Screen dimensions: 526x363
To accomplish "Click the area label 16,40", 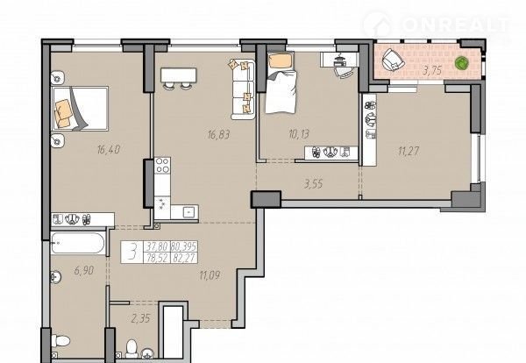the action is click(x=109, y=150).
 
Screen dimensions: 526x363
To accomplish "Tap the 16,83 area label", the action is click(x=218, y=134).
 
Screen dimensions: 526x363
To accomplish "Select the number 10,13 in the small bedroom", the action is click(x=299, y=134).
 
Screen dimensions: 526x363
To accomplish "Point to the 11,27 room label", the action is click(x=409, y=151).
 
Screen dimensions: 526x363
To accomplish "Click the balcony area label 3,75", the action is click(x=432, y=70).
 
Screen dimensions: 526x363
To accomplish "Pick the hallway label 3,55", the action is click(x=313, y=183).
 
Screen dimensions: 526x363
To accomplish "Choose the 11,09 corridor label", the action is click(x=210, y=276).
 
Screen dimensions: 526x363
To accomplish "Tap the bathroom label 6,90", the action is click(x=84, y=270).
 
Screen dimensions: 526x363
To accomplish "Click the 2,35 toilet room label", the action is click(x=140, y=318).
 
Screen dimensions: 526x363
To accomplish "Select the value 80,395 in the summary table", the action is click(x=183, y=246).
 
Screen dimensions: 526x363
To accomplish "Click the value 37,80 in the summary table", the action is click(x=157, y=246).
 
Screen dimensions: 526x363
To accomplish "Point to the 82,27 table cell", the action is click(x=183, y=258).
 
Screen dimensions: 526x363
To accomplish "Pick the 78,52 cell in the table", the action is click(x=157, y=258).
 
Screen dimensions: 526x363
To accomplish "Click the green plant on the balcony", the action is click(x=462, y=63).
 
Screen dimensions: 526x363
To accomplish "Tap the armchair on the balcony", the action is click(x=393, y=60).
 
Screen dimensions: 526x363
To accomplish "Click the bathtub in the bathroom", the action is click(x=77, y=243).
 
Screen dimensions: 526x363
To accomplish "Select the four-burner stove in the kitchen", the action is click(x=162, y=166).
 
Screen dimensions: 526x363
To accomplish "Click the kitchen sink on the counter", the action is click(x=188, y=212).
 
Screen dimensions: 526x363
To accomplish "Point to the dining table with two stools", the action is click(x=178, y=79).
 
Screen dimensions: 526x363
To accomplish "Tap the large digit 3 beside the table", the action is click(x=133, y=252).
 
